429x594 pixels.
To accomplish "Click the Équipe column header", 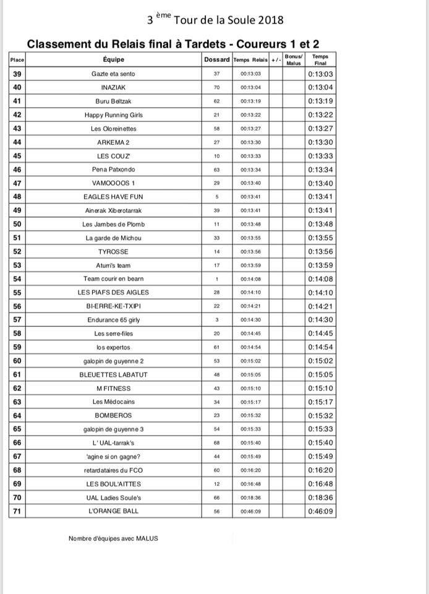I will click(114, 59).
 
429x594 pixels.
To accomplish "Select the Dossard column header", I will click(216, 59).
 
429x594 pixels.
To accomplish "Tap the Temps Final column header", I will click(320, 59).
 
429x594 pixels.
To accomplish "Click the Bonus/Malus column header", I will click(293, 59).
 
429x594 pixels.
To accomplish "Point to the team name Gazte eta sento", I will click(113, 74).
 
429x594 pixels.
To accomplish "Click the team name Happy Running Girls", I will click(113, 115).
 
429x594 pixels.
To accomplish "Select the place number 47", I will click(17, 183).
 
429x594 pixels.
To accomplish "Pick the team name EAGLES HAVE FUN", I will click(113, 197).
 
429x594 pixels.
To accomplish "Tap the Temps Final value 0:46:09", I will click(320, 511).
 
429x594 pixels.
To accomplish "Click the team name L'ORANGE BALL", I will click(113, 511).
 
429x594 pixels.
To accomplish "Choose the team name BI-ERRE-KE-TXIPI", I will click(113, 306).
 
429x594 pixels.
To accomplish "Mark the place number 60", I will click(17, 361).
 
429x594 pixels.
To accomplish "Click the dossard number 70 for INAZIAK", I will click(216, 87).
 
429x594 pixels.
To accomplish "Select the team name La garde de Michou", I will click(113, 238).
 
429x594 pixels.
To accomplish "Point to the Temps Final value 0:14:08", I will click(320, 278).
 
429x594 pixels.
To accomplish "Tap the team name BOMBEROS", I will click(113, 415).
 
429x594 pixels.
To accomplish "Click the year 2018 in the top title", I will click(271, 20).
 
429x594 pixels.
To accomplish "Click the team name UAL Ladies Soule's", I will click(113, 497).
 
